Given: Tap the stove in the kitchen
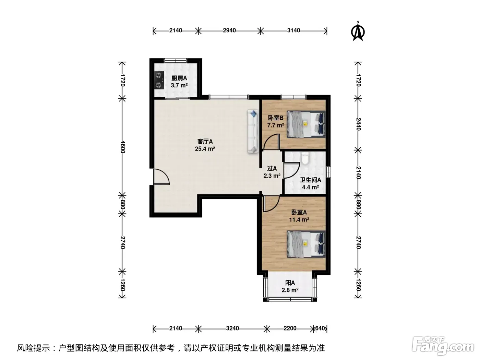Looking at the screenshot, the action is click(x=159, y=80).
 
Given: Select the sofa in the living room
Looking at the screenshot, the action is click(x=253, y=131).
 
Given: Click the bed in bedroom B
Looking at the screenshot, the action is click(x=306, y=124).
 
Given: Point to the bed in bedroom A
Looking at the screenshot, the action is click(x=306, y=244).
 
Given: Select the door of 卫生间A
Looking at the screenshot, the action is click(x=291, y=170).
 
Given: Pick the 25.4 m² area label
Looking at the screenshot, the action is click(x=205, y=149).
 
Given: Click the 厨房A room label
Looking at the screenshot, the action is click(x=179, y=78).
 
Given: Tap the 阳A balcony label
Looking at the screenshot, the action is click(x=290, y=283).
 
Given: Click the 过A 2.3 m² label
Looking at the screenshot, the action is click(x=272, y=172).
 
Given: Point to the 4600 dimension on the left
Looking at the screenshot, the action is click(x=122, y=147).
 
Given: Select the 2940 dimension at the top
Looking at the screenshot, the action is click(x=229, y=31).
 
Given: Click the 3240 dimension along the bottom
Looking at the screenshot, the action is click(x=232, y=328).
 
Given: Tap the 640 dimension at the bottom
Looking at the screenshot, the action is click(x=320, y=328).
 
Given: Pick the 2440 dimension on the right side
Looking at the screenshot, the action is click(x=358, y=124).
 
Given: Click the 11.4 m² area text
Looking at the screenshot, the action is click(x=299, y=220).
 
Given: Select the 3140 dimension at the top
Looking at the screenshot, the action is click(x=293, y=31).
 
